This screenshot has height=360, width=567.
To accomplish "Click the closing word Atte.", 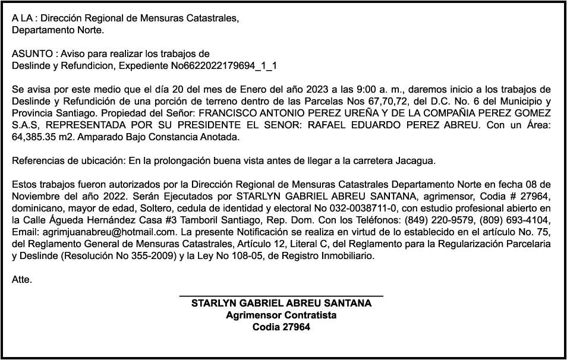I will tap(21, 279).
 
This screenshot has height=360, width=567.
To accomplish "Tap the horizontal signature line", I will tap(281, 295).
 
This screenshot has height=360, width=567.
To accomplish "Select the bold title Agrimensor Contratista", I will tap(281, 315).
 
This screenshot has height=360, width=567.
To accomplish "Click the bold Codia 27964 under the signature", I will tap(281, 327).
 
